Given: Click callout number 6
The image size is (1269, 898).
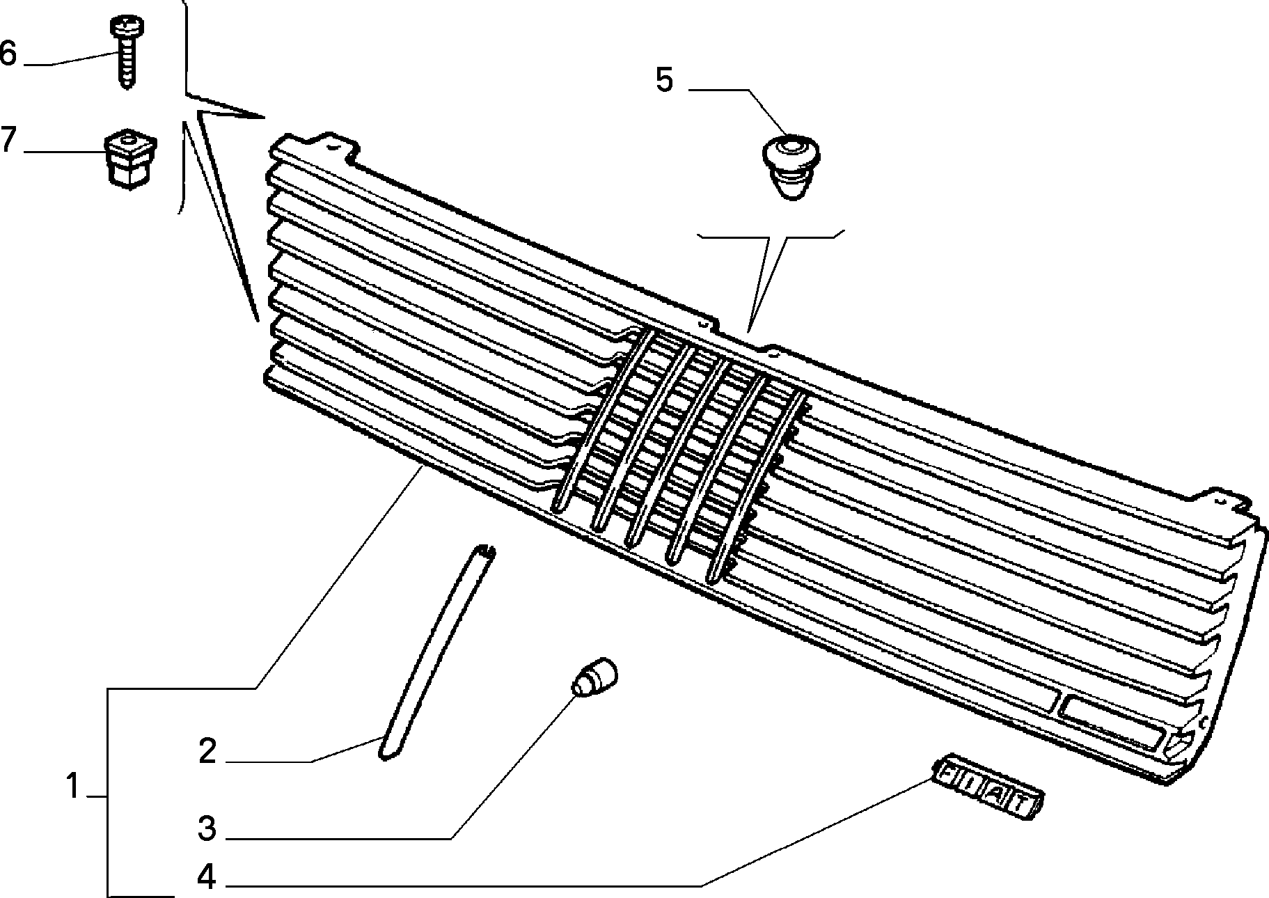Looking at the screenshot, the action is pyautogui.click(x=8, y=54).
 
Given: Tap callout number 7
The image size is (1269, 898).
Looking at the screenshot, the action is pyautogui.click(x=8, y=140).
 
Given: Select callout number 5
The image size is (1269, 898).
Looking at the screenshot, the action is pyautogui.click(x=664, y=81).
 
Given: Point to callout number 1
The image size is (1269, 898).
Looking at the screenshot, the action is pyautogui.click(x=72, y=787).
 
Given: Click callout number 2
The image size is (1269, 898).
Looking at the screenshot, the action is pyautogui.click(x=207, y=752).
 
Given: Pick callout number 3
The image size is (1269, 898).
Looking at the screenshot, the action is pyautogui.click(x=207, y=829).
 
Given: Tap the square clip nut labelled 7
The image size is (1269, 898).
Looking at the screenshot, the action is pyautogui.click(x=129, y=159).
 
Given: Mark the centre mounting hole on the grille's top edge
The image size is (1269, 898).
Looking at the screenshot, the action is pyautogui.click(x=703, y=325).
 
